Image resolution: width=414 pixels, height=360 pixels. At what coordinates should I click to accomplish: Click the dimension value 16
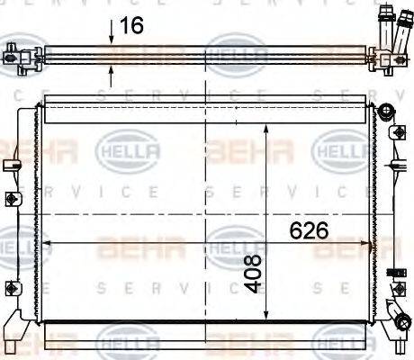[x=131, y=26]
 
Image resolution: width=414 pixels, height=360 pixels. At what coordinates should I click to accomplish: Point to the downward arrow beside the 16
[x=111, y=32]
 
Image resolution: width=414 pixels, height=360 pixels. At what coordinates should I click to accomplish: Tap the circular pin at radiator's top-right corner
[x=387, y=112]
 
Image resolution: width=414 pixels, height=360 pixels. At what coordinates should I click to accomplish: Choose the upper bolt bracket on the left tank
[x=13, y=200]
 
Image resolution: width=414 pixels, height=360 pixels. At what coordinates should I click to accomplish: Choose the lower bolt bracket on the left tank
[x=13, y=287]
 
